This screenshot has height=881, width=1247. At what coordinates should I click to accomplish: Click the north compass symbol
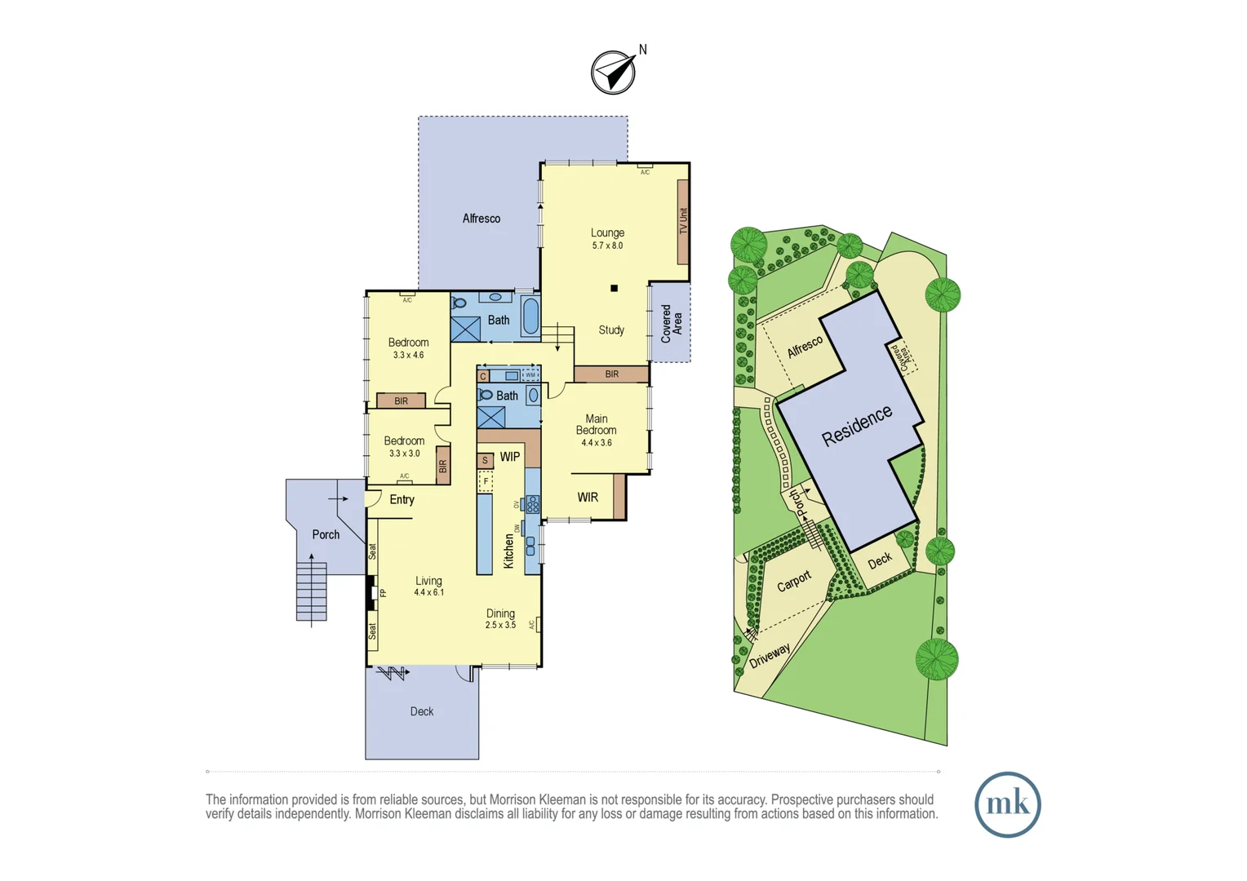coord(613,73)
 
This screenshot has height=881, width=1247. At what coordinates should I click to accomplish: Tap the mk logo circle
coord(1007,804)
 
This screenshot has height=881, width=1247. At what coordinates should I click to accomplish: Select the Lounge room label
coord(607,232)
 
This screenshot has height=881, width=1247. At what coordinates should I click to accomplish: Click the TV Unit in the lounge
coord(683,221)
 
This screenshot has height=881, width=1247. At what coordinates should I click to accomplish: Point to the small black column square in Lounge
coord(614,288)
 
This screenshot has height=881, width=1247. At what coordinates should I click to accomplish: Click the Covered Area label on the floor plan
coord(671,323)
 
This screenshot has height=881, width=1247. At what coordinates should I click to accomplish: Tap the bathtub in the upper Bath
coord(530,316)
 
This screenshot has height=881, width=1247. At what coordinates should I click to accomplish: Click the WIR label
coord(588,497)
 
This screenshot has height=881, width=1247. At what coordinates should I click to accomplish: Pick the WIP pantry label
coord(510,457)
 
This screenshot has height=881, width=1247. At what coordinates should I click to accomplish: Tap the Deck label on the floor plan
coord(422,711)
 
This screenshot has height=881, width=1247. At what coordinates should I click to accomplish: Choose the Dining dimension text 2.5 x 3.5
coord(500,625)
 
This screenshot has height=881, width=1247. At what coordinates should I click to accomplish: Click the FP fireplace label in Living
coord(383,593)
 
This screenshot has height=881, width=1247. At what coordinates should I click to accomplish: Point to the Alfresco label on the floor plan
coord(481,219)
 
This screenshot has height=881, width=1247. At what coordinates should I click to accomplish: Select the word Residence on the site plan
coord(856,426)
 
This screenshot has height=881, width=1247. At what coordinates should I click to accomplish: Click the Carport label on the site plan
coord(794,581)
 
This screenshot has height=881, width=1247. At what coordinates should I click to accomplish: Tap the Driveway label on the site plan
coord(770,655)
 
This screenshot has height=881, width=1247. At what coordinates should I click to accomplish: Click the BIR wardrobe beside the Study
coord(611,374)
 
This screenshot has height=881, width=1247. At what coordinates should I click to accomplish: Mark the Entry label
coord(402,499)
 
